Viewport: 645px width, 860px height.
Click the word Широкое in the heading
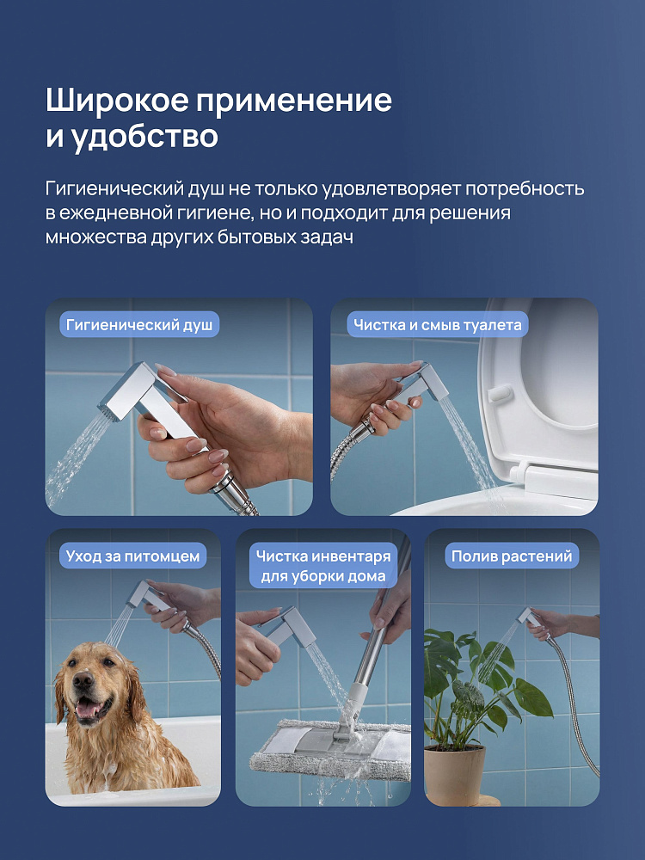(117, 101)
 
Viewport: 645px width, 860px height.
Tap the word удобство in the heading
(144, 136)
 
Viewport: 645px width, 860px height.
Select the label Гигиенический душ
(139, 325)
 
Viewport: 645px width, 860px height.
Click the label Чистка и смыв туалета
(437, 325)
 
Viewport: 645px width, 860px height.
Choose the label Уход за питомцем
(132, 556)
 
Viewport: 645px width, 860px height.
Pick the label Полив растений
(511, 556)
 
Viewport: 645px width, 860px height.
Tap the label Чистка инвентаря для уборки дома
(323, 566)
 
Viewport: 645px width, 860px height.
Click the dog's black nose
(83, 681)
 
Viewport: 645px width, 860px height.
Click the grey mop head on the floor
(329, 749)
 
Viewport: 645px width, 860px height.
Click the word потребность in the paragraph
(525, 188)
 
